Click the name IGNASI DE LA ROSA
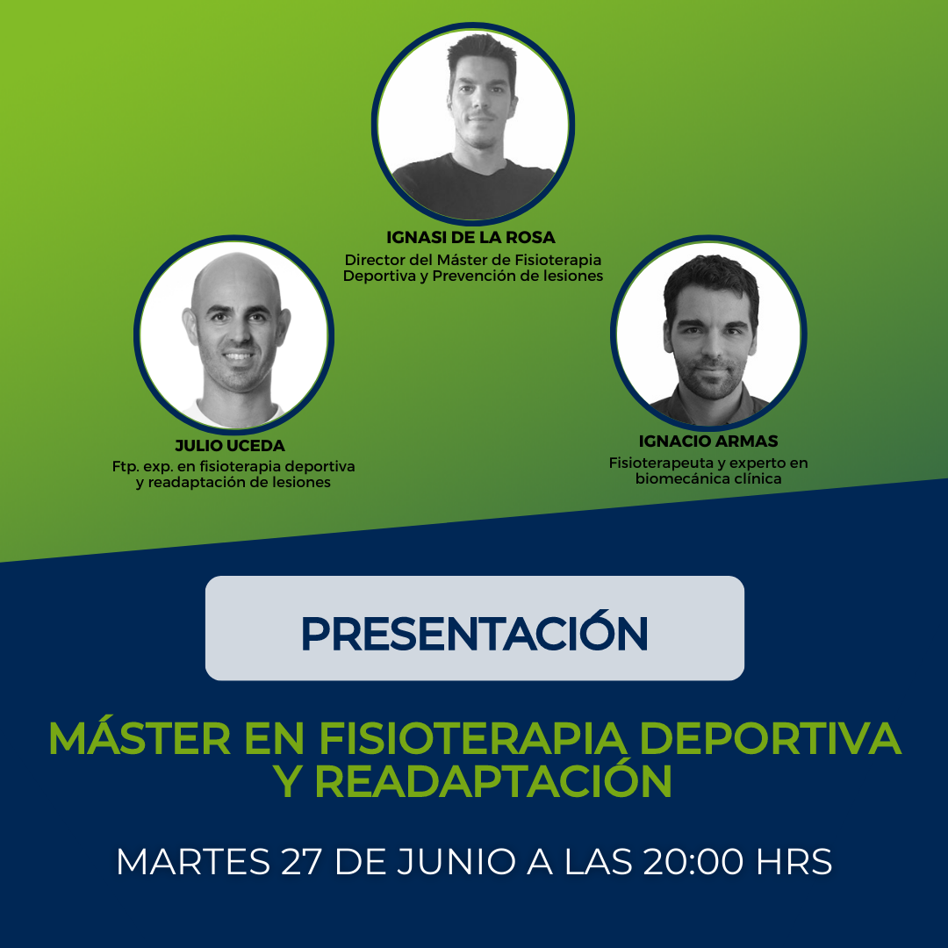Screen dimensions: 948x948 point(470,238)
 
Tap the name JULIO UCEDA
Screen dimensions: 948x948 point(230,446)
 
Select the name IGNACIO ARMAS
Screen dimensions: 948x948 point(708,442)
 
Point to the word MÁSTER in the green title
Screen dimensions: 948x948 point(140,737)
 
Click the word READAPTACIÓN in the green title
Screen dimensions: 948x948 point(493,780)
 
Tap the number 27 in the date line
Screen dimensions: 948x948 point(300,861)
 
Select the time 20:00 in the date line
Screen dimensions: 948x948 point(693,861)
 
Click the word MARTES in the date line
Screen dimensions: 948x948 point(193,861)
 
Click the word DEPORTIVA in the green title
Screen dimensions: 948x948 point(771,738)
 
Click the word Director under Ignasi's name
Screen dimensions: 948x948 point(372,260)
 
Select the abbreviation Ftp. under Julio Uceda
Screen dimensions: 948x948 point(126,468)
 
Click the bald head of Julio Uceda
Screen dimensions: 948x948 point(236,278)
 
